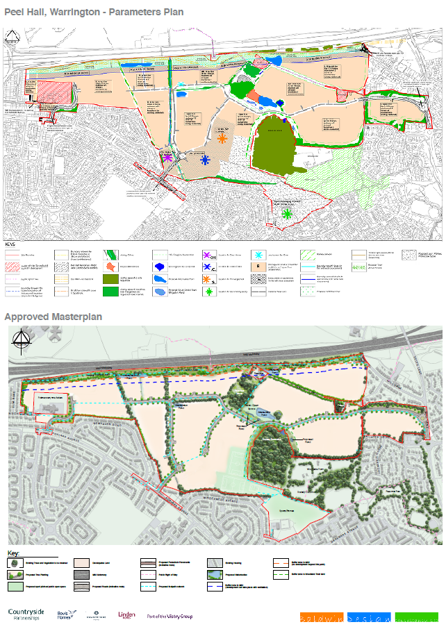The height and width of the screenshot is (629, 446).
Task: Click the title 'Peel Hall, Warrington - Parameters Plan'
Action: [x=94, y=11]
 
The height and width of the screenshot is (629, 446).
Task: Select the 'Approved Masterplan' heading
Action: [x=53, y=317]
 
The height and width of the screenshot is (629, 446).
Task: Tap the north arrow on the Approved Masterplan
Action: [x=22, y=342]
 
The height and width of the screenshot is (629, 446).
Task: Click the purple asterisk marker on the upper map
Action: [x=167, y=158]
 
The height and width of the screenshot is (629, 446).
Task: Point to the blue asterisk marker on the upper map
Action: [x=205, y=160]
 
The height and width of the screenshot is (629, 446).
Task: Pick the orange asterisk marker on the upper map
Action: [x=222, y=138]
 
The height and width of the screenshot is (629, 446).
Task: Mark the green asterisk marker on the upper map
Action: [x=287, y=214]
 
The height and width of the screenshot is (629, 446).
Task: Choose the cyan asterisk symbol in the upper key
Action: [x=259, y=254]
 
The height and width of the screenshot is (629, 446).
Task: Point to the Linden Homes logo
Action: [x=128, y=615]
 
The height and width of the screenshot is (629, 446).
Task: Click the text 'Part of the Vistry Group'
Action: [x=170, y=616]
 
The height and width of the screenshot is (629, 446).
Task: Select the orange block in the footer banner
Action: [x=320, y=617]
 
